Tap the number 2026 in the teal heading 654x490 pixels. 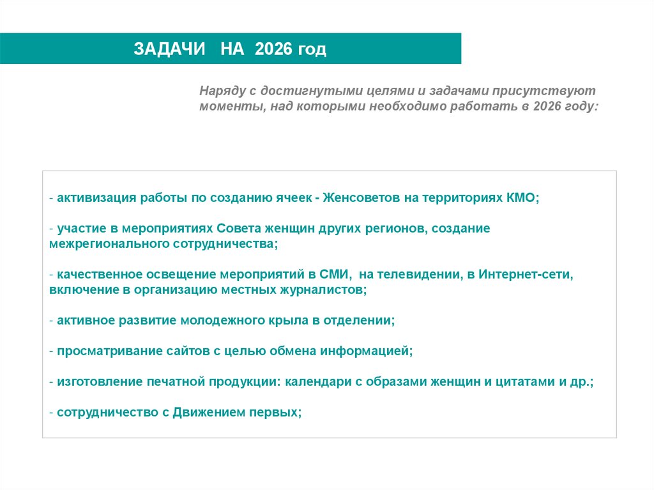point(273,50)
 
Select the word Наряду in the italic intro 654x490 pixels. point(220,91)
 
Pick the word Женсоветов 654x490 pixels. point(361,198)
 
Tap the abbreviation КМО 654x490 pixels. point(522,198)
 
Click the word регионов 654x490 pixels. point(392,228)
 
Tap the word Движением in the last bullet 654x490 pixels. point(208,412)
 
